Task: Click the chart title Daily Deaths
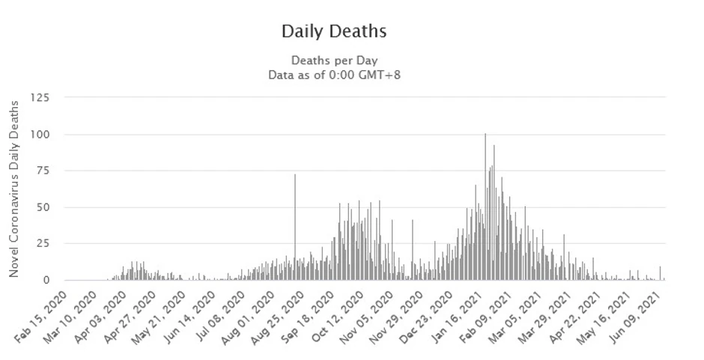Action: click(x=334, y=31)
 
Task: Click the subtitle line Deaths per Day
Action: click(x=334, y=60)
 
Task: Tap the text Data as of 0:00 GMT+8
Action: click(x=334, y=74)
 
